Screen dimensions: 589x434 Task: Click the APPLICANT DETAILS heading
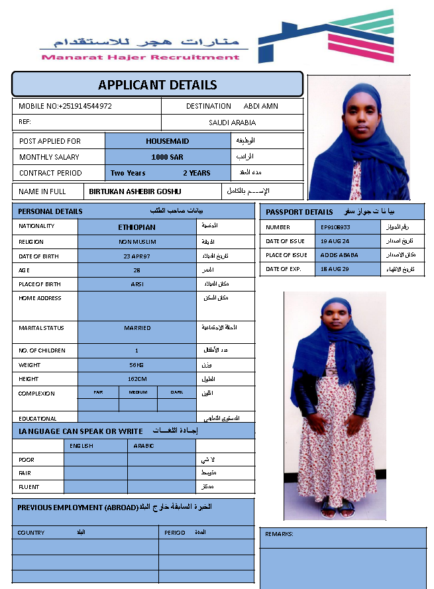point(157,85)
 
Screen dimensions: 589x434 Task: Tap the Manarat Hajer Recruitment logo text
point(140,57)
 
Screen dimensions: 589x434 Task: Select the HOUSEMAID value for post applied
point(168,141)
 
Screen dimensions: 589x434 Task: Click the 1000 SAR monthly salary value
point(168,157)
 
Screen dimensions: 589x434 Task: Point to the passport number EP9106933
point(335,227)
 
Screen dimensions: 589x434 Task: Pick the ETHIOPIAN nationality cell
point(137,227)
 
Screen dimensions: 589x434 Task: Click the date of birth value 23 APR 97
point(137,256)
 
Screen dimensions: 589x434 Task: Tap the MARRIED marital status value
point(137,328)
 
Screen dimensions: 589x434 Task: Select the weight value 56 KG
point(137,365)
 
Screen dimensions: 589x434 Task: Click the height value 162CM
point(137,379)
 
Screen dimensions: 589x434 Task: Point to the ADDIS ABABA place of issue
point(339,255)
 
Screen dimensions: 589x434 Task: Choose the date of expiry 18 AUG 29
point(335,269)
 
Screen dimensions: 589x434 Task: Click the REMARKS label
point(279,534)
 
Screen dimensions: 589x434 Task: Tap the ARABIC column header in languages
point(144,446)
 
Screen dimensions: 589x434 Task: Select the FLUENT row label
point(29,487)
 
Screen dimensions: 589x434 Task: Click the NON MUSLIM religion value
point(137,242)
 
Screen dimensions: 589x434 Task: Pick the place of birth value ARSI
point(137,284)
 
